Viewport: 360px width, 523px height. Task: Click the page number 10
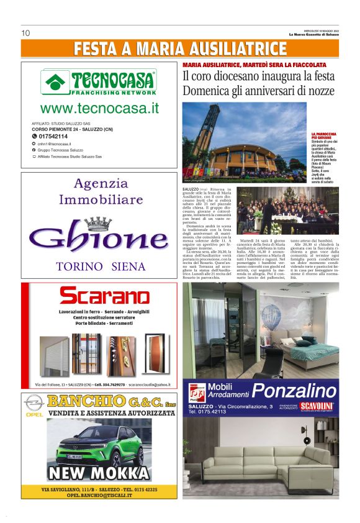(x=25, y=33)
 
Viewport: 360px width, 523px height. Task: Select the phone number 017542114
(x=52, y=136)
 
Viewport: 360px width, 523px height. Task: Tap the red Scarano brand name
(x=99, y=295)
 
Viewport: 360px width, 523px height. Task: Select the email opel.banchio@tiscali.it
(x=99, y=494)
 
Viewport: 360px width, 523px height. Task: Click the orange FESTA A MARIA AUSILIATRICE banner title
(x=180, y=48)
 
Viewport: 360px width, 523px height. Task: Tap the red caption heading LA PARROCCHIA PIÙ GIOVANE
(x=324, y=136)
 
